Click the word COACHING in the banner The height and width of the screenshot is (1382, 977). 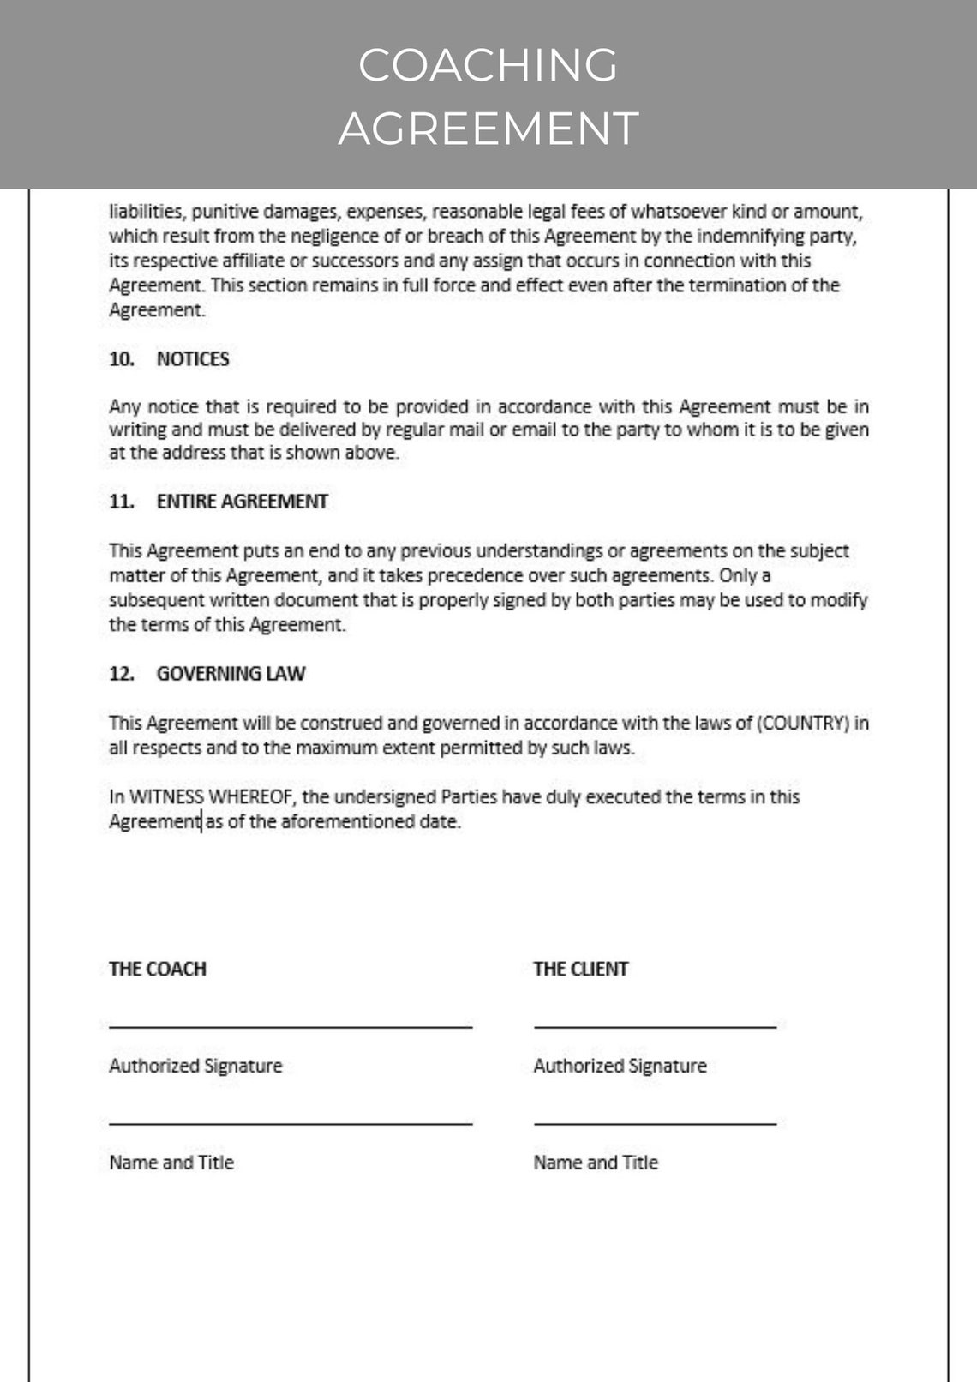[488, 65]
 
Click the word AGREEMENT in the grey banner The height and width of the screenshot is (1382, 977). [488, 129]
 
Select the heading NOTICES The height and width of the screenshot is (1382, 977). [193, 359]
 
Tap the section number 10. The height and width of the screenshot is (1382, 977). [121, 359]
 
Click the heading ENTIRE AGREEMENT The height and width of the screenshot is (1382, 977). [242, 502]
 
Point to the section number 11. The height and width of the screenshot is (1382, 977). [121, 502]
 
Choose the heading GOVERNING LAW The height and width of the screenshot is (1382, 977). [231, 674]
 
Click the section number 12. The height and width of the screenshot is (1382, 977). [121, 674]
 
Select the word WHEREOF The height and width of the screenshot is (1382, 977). [252, 797]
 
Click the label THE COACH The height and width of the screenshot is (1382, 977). [158, 969]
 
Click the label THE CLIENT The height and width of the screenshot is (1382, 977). [580, 969]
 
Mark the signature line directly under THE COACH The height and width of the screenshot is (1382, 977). [291, 1025]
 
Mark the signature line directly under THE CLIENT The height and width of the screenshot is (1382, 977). [655, 1025]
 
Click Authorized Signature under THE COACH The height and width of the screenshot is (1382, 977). [195, 1066]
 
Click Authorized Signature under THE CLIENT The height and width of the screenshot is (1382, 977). [620, 1066]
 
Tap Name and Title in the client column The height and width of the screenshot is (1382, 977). [596, 1163]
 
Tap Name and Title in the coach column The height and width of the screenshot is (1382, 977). [171, 1163]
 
